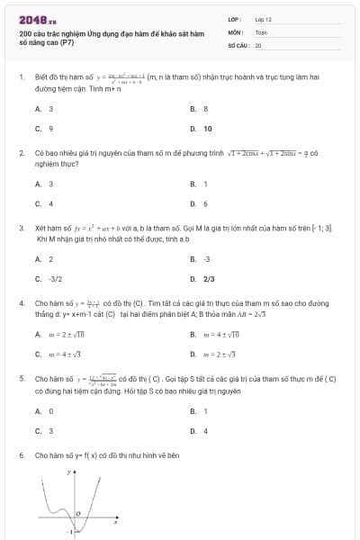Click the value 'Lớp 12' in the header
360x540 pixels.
[263, 19]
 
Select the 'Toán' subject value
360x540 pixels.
[261, 31]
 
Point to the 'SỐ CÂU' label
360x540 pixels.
[238, 44]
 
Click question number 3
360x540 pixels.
[22, 229]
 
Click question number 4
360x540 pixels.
[22, 304]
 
